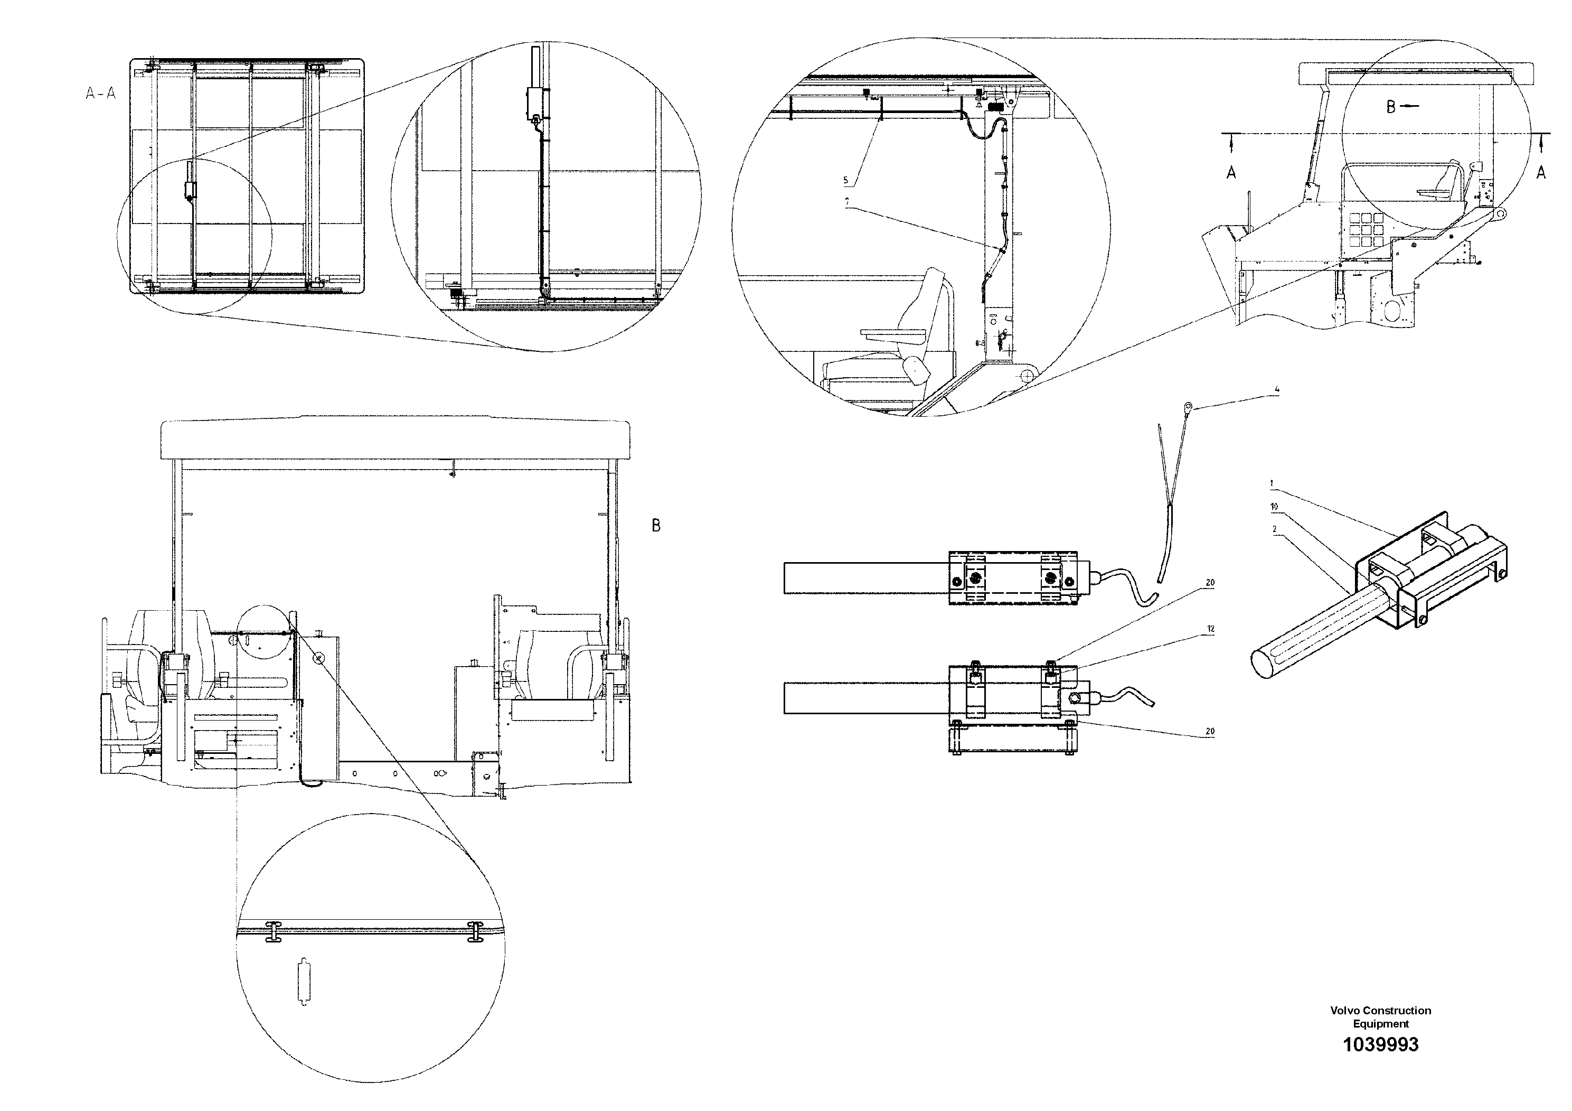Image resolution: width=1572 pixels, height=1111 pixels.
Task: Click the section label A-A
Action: [x=101, y=93]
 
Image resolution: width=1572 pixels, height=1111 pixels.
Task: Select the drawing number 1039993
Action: [x=1380, y=1064]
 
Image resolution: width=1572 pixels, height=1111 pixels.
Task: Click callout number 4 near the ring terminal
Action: [x=1277, y=390]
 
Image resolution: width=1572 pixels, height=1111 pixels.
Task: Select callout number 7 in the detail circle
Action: [x=847, y=202]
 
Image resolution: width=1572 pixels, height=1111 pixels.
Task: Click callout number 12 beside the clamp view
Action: [x=1210, y=629]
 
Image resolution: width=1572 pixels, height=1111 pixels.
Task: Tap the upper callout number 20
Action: [x=1210, y=583]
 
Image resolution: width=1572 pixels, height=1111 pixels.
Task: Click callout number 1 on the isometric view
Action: [x=1272, y=483]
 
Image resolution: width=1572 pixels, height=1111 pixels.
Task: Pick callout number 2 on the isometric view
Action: [x=1274, y=529]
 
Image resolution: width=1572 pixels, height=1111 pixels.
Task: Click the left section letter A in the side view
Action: [x=1231, y=173]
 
